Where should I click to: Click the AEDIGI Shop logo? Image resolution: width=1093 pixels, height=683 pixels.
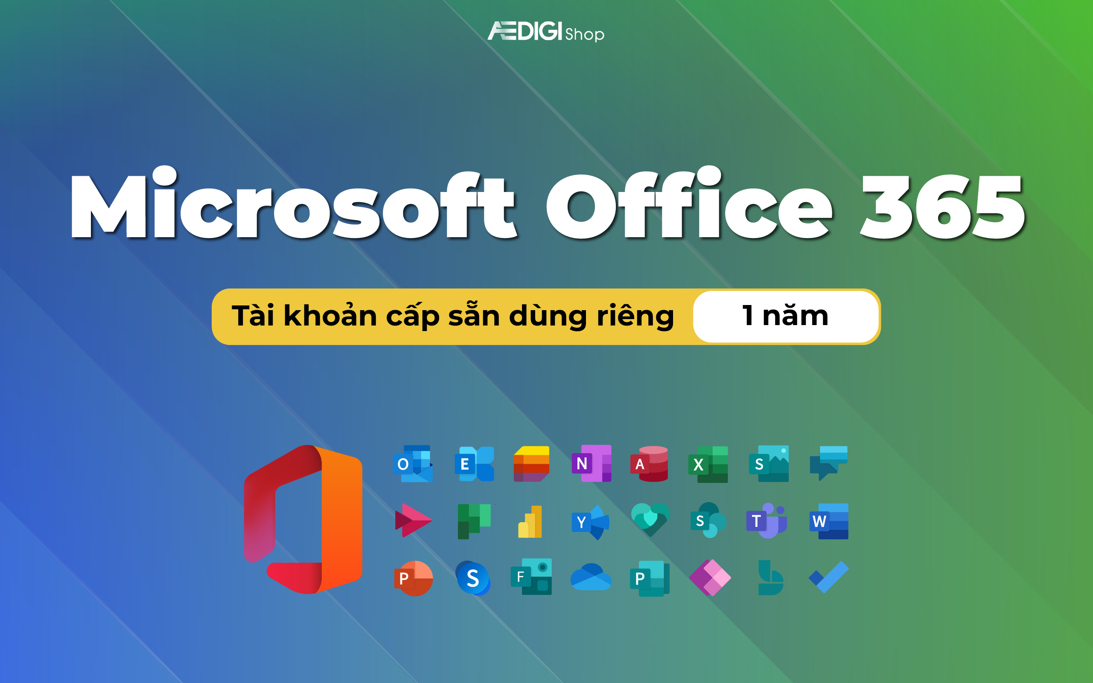[x=545, y=32]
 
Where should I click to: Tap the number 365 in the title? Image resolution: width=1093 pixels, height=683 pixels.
[x=942, y=207]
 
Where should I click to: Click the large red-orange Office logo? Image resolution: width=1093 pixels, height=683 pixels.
[x=303, y=520]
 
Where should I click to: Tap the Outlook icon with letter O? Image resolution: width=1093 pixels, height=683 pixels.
[x=413, y=464]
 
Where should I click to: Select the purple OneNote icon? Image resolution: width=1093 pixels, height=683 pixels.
[x=592, y=463]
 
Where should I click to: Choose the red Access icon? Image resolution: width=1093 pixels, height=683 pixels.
[x=649, y=464]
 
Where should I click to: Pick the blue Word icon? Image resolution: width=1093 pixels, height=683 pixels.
[x=829, y=521]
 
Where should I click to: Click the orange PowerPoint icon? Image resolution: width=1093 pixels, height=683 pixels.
[x=413, y=578]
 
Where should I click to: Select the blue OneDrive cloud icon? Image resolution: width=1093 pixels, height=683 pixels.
[x=591, y=577]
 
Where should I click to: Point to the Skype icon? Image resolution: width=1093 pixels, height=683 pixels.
[x=472, y=578]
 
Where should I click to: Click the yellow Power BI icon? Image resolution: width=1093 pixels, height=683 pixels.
[x=530, y=522]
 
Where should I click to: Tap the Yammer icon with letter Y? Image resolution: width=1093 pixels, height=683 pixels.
[x=590, y=522]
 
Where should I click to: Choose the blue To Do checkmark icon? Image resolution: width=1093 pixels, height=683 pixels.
[x=828, y=577]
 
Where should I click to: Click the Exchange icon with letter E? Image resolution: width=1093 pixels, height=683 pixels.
[x=474, y=464]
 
